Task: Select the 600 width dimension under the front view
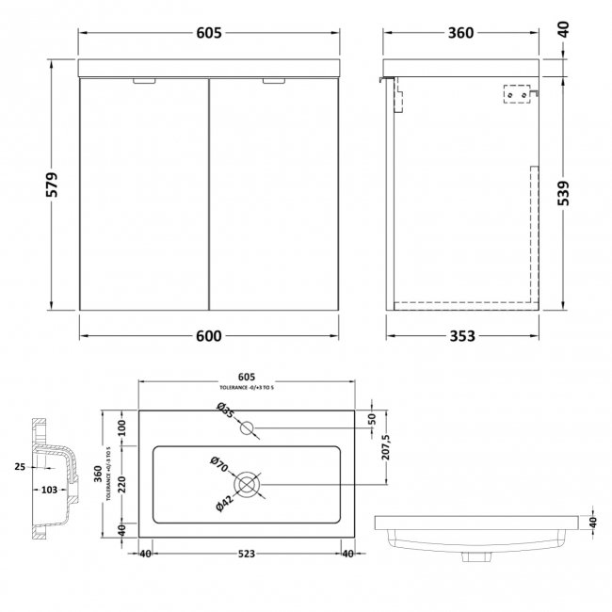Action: pyautogui.click(x=208, y=335)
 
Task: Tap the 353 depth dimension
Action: pyautogui.click(x=460, y=335)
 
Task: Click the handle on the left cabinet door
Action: pyautogui.click(x=145, y=82)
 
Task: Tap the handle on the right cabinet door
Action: pyautogui.click(x=272, y=82)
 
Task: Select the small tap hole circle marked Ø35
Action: pyautogui.click(x=248, y=428)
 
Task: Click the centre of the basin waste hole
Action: pyautogui.click(x=248, y=485)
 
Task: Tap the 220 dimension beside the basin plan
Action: pyautogui.click(x=122, y=483)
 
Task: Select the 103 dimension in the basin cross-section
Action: pyautogui.click(x=49, y=490)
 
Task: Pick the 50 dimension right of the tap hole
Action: pyautogui.click(x=371, y=418)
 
